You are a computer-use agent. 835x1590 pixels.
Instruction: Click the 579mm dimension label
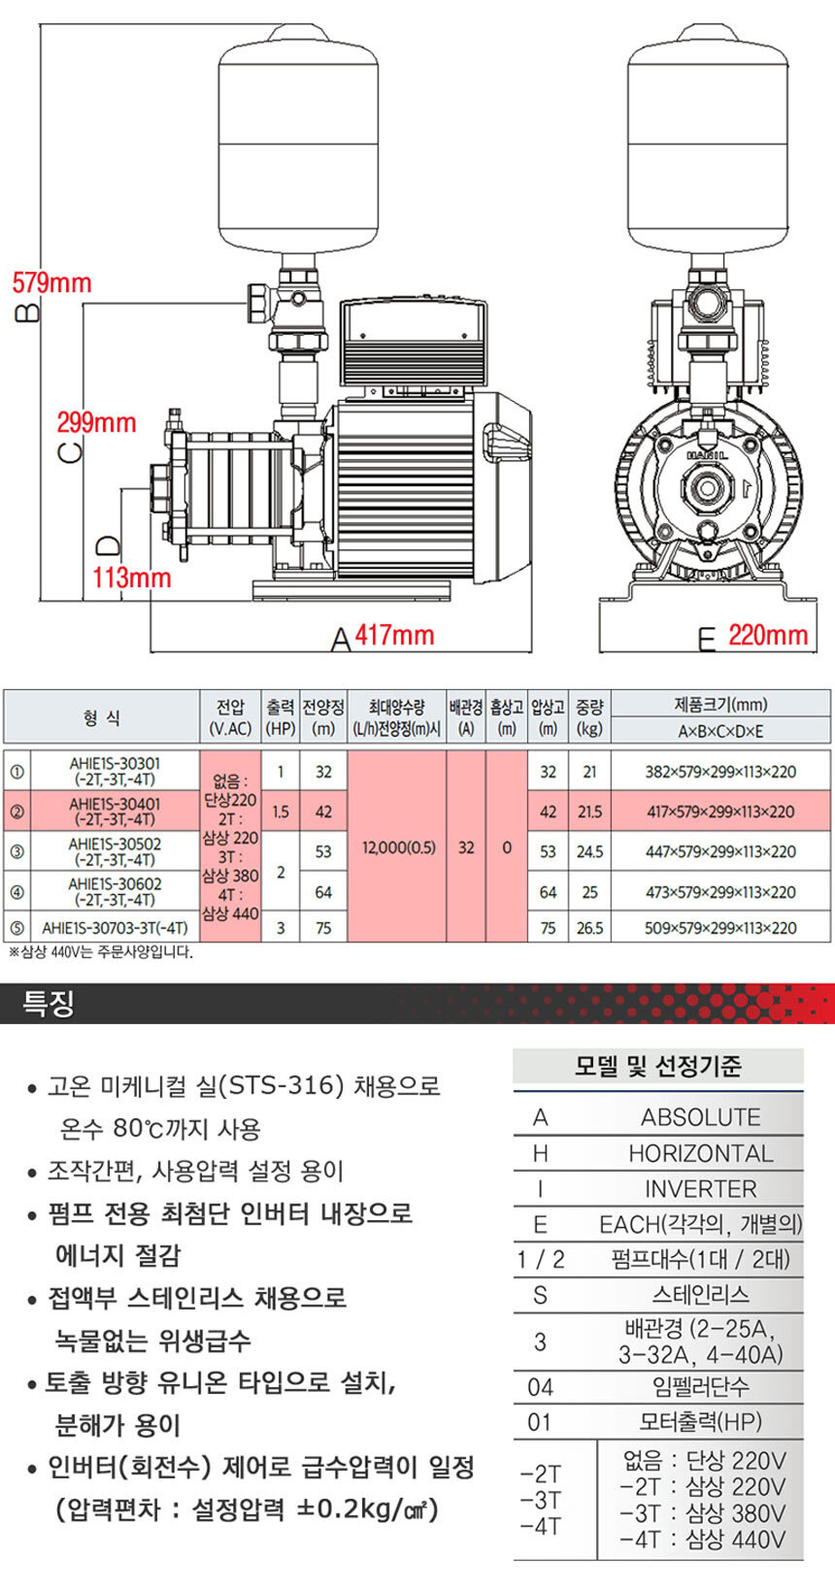pos(51,283)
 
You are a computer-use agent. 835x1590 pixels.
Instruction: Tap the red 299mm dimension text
pos(96,423)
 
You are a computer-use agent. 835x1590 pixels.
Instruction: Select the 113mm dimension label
pos(131,578)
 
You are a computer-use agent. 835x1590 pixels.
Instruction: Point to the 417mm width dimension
pos(394,636)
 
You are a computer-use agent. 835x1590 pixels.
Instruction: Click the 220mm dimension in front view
pos(767,636)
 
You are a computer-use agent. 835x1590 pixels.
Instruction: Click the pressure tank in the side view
pos(296,146)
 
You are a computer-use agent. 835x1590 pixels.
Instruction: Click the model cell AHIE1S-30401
pos(115,812)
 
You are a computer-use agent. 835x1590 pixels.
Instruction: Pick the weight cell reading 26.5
pos(589,928)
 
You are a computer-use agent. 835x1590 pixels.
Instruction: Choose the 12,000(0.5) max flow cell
pos(398,847)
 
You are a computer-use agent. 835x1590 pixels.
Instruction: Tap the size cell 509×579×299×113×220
pos(720,928)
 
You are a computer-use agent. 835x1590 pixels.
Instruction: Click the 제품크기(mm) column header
pos(720,705)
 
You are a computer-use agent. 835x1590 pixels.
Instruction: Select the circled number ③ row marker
pos(17,852)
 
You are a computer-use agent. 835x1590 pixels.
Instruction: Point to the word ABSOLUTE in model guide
pos(700,1117)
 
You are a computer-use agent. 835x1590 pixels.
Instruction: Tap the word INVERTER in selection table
pos(700,1189)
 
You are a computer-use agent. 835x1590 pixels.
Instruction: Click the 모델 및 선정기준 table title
pos(658,1067)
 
